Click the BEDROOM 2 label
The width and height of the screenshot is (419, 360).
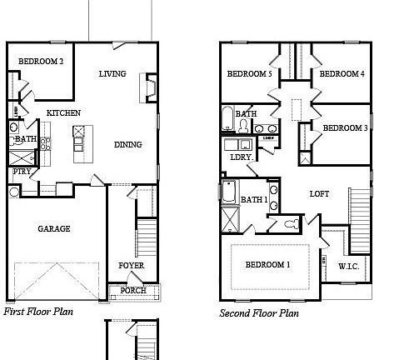pyautogui.click(x=41, y=61)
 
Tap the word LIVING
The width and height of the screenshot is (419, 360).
pyautogui.click(x=112, y=74)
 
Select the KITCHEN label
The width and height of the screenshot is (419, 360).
pyautogui.click(x=63, y=112)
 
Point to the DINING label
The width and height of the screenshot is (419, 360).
pyautogui.click(x=127, y=144)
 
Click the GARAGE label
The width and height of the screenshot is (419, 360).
pyautogui.click(x=53, y=228)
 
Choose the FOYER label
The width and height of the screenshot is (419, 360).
pyautogui.click(x=131, y=266)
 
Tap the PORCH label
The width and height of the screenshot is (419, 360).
pyautogui.click(x=132, y=290)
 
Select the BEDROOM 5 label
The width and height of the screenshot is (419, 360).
pyautogui.click(x=250, y=74)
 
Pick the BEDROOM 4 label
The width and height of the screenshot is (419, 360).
pyautogui.click(x=342, y=74)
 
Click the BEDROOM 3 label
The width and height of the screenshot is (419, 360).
pyautogui.click(x=345, y=127)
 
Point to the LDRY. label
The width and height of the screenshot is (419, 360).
pyautogui.click(x=242, y=157)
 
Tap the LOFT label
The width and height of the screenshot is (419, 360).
pyautogui.click(x=319, y=193)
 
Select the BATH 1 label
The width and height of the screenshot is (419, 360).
pyautogui.click(x=254, y=200)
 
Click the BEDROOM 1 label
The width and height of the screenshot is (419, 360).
pyautogui.click(x=267, y=264)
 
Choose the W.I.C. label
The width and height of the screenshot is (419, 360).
pyautogui.click(x=349, y=267)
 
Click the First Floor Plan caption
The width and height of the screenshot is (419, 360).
pyautogui.click(x=38, y=312)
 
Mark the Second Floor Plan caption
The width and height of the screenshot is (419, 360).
pyautogui.click(x=259, y=313)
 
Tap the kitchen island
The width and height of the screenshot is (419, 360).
pyautogui.click(x=80, y=143)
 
